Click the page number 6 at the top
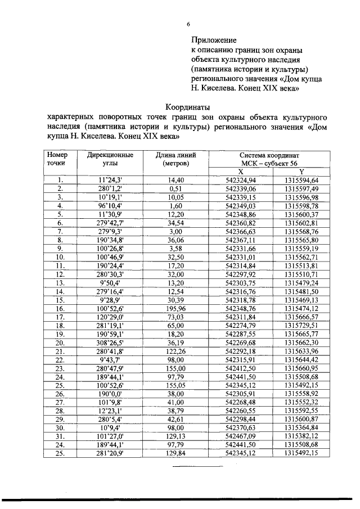[x=188, y=24]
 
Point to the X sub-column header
[x=240, y=172]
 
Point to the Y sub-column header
[x=301, y=172]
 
